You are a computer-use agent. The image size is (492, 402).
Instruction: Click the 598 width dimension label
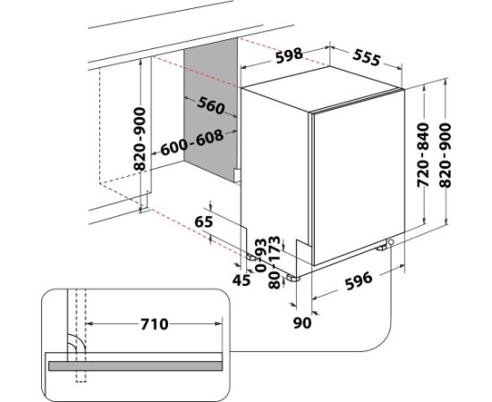pyautogui.click(x=289, y=55)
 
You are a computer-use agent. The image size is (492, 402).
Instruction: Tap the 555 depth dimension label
pyautogui.click(x=367, y=58)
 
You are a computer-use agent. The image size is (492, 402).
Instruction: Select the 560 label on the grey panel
pyautogui.click(x=211, y=105)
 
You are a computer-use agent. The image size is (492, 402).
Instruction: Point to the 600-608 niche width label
pyautogui.click(x=192, y=143)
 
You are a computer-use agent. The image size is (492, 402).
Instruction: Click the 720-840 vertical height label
pyautogui.click(x=423, y=155)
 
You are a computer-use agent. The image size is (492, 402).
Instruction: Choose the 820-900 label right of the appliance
pyautogui.click(x=445, y=155)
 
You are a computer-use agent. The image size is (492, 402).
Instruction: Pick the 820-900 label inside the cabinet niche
pyautogui.click(x=140, y=138)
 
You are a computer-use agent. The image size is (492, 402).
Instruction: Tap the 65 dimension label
pyautogui.click(x=204, y=222)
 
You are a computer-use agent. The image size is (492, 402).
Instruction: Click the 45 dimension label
pyautogui.click(x=242, y=280)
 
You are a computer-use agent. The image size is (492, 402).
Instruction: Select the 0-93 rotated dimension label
pyautogui.click(x=261, y=255)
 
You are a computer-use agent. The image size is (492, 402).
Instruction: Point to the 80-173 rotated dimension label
pyautogui.click(x=275, y=262)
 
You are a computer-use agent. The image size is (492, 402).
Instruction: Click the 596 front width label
pyautogui.click(x=359, y=281)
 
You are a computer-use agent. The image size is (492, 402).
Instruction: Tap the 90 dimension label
pyautogui.click(x=302, y=322)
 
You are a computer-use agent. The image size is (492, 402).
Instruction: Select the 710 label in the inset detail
pyautogui.click(x=155, y=324)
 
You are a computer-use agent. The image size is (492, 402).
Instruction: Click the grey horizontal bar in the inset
pyautogui.click(x=135, y=365)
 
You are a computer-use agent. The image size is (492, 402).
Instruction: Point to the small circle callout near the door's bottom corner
pyautogui.click(x=391, y=242)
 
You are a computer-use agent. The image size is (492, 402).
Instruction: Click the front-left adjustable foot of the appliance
pyautogui.click(x=292, y=278)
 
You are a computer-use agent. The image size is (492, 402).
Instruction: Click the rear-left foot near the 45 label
pyautogui.click(x=252, y=257)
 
